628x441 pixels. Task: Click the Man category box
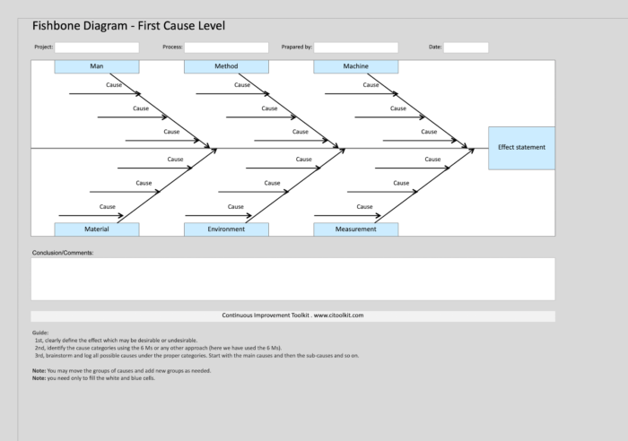coord(97,66)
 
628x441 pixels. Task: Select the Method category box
coord(226,66)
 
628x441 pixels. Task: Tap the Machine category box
coord(355,66)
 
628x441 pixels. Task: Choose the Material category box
coord(97,229)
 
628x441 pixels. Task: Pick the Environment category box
coord(226,229)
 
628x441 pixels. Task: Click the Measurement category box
coord(355,229)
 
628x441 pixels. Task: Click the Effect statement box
coord(521,148)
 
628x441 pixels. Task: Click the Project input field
coord(97,47)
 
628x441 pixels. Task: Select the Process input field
coord(226,47)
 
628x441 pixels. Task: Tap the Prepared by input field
coord(355,47)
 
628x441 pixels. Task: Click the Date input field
coord(466,47)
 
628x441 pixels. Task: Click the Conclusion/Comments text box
coord(292,279)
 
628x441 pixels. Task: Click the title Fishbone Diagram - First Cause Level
coord(128,25)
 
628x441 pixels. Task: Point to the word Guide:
coord(39,333)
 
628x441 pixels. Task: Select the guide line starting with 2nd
coord(158,347)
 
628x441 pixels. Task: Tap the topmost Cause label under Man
coord(114,85)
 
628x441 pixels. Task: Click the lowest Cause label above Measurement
coord(364,207)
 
